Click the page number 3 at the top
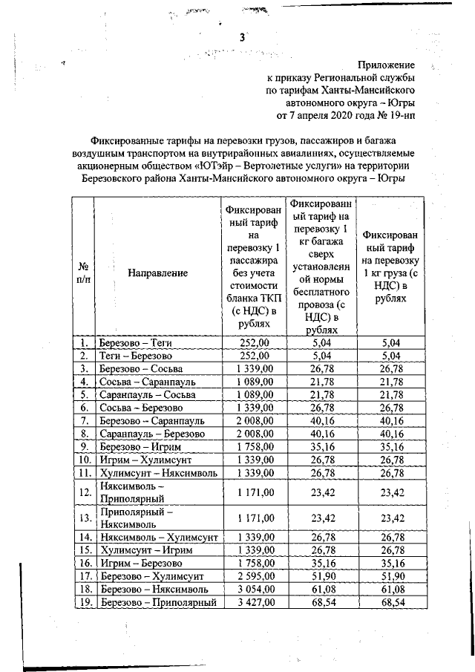pyautogui.click(x=241, y=38)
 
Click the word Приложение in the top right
pyautogui.click(x=387, y=65)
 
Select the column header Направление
pyautogui.click(x=158, y=273)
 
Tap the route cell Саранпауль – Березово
pyautogui.click(x=151, y=433)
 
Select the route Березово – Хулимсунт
pyautogui.click(x=152, y=577)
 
